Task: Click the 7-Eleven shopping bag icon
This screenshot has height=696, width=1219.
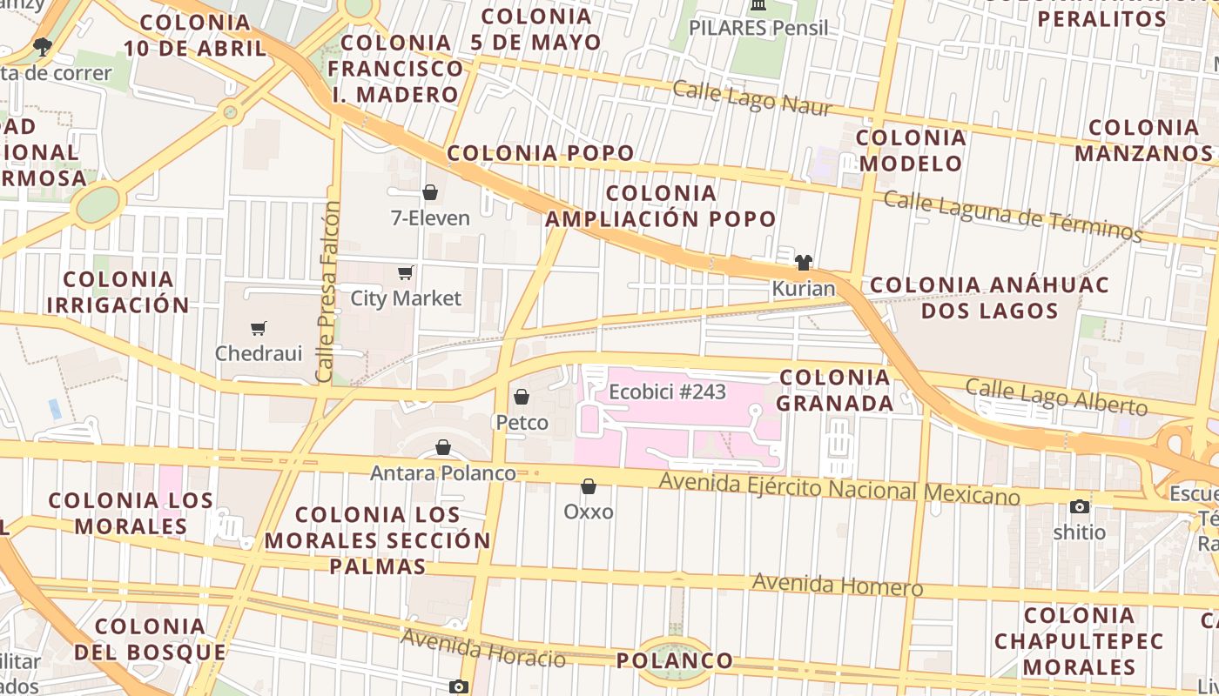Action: click(x=429, y=192)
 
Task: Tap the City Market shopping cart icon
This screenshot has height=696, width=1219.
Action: click(x=405, y=273)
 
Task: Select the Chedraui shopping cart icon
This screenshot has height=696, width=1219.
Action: click(x=258, y=328)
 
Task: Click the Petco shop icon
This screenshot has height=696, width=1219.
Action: click(x=522, y=398)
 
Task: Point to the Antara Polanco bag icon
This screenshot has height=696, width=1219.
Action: click(x=443, y=448)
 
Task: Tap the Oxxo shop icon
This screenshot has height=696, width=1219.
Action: click(x=589, y=486)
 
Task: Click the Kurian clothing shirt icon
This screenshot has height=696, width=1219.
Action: click(x=803, y=262)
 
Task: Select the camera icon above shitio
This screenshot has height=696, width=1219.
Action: click(x=1079, y=506)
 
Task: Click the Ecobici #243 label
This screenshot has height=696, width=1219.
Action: click(x=667, y=391)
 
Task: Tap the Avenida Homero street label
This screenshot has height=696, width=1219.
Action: click(x=837, y=585)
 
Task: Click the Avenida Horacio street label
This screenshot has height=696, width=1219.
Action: click(x=483, y=647)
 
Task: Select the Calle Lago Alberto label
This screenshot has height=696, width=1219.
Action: click(x=1056, y=397)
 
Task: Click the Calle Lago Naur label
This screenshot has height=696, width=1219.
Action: click(x=752, y=98)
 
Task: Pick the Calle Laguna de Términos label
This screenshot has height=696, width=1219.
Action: click(x=1012, y=214)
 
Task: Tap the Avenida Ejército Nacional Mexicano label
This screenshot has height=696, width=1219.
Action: click(x=838, y=488)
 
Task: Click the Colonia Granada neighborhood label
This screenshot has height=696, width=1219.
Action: click(x=834, y=390)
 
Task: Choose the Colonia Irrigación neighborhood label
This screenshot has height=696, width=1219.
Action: click(x=118, y=291)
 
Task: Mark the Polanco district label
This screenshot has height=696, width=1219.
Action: click(x=675, y=660)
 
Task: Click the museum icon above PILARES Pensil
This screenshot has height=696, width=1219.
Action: click(x=758, y=5)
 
